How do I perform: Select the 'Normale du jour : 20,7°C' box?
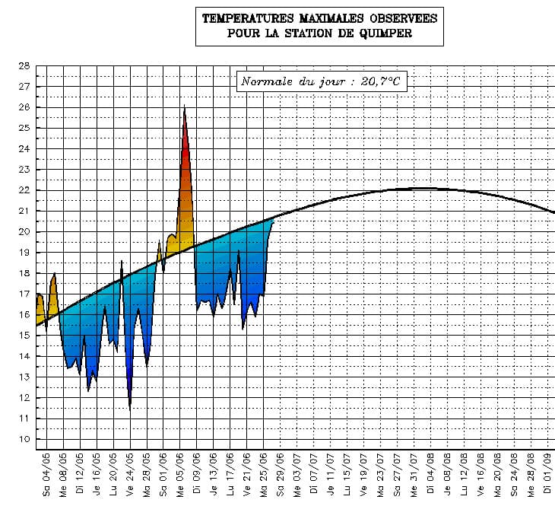322,81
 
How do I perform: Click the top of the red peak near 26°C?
184,107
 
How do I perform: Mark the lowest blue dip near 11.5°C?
130,408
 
